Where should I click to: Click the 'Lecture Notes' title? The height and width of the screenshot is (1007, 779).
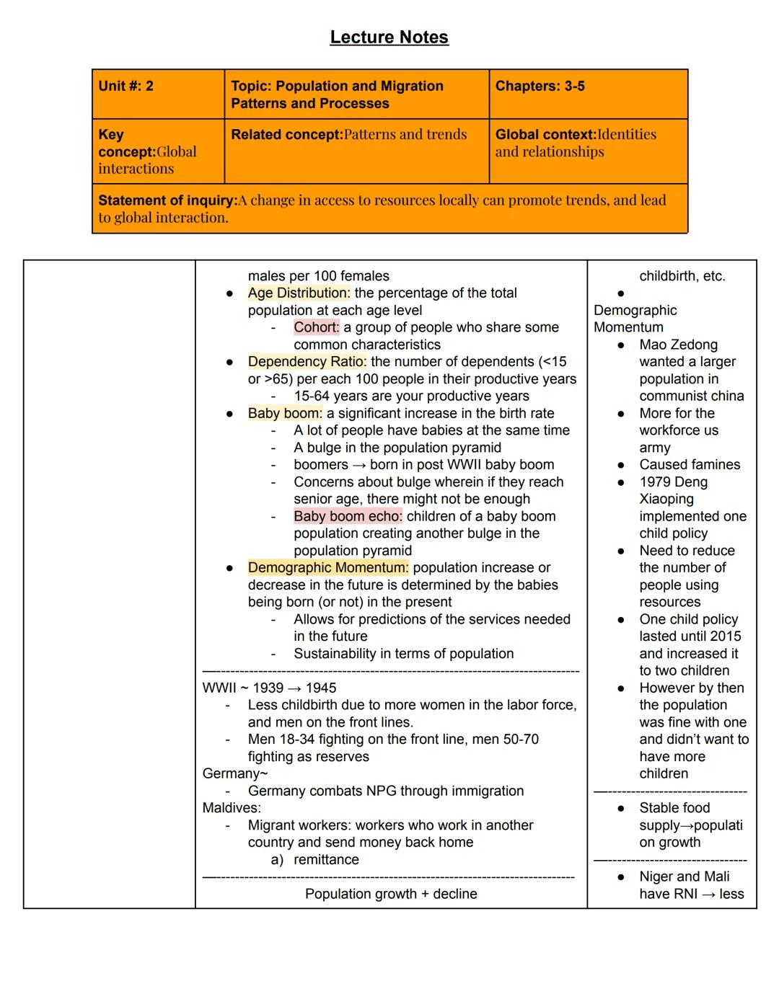389,37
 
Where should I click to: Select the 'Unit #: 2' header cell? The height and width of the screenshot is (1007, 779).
126,86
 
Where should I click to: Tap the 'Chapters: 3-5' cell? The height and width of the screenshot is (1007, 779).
540,86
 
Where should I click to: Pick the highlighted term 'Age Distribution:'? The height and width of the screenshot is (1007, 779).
299,293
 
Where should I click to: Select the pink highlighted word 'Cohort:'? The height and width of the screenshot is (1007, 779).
316,327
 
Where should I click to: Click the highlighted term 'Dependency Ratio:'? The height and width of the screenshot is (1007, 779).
307,362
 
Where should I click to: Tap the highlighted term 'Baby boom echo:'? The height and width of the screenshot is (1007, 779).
348,516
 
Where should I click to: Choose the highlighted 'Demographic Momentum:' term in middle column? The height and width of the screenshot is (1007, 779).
328,568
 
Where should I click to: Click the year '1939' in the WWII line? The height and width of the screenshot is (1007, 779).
268,688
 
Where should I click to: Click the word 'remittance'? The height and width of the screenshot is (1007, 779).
326,860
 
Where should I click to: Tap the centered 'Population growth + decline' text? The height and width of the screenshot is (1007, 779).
391,894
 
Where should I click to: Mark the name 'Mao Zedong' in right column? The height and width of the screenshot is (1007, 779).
678,345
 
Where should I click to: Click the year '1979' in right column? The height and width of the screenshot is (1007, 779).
654,482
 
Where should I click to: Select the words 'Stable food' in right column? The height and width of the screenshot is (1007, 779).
674,808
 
